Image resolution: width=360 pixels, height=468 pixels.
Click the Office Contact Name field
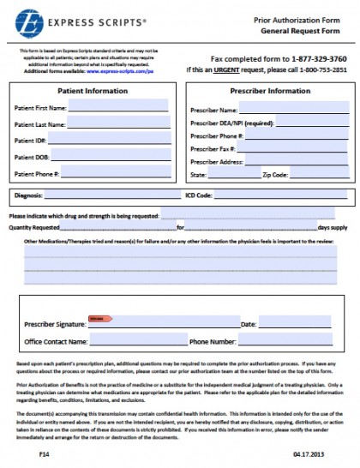click(x=128, y=342)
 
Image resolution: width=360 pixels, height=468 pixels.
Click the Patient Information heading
click(x=87, y=90)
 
